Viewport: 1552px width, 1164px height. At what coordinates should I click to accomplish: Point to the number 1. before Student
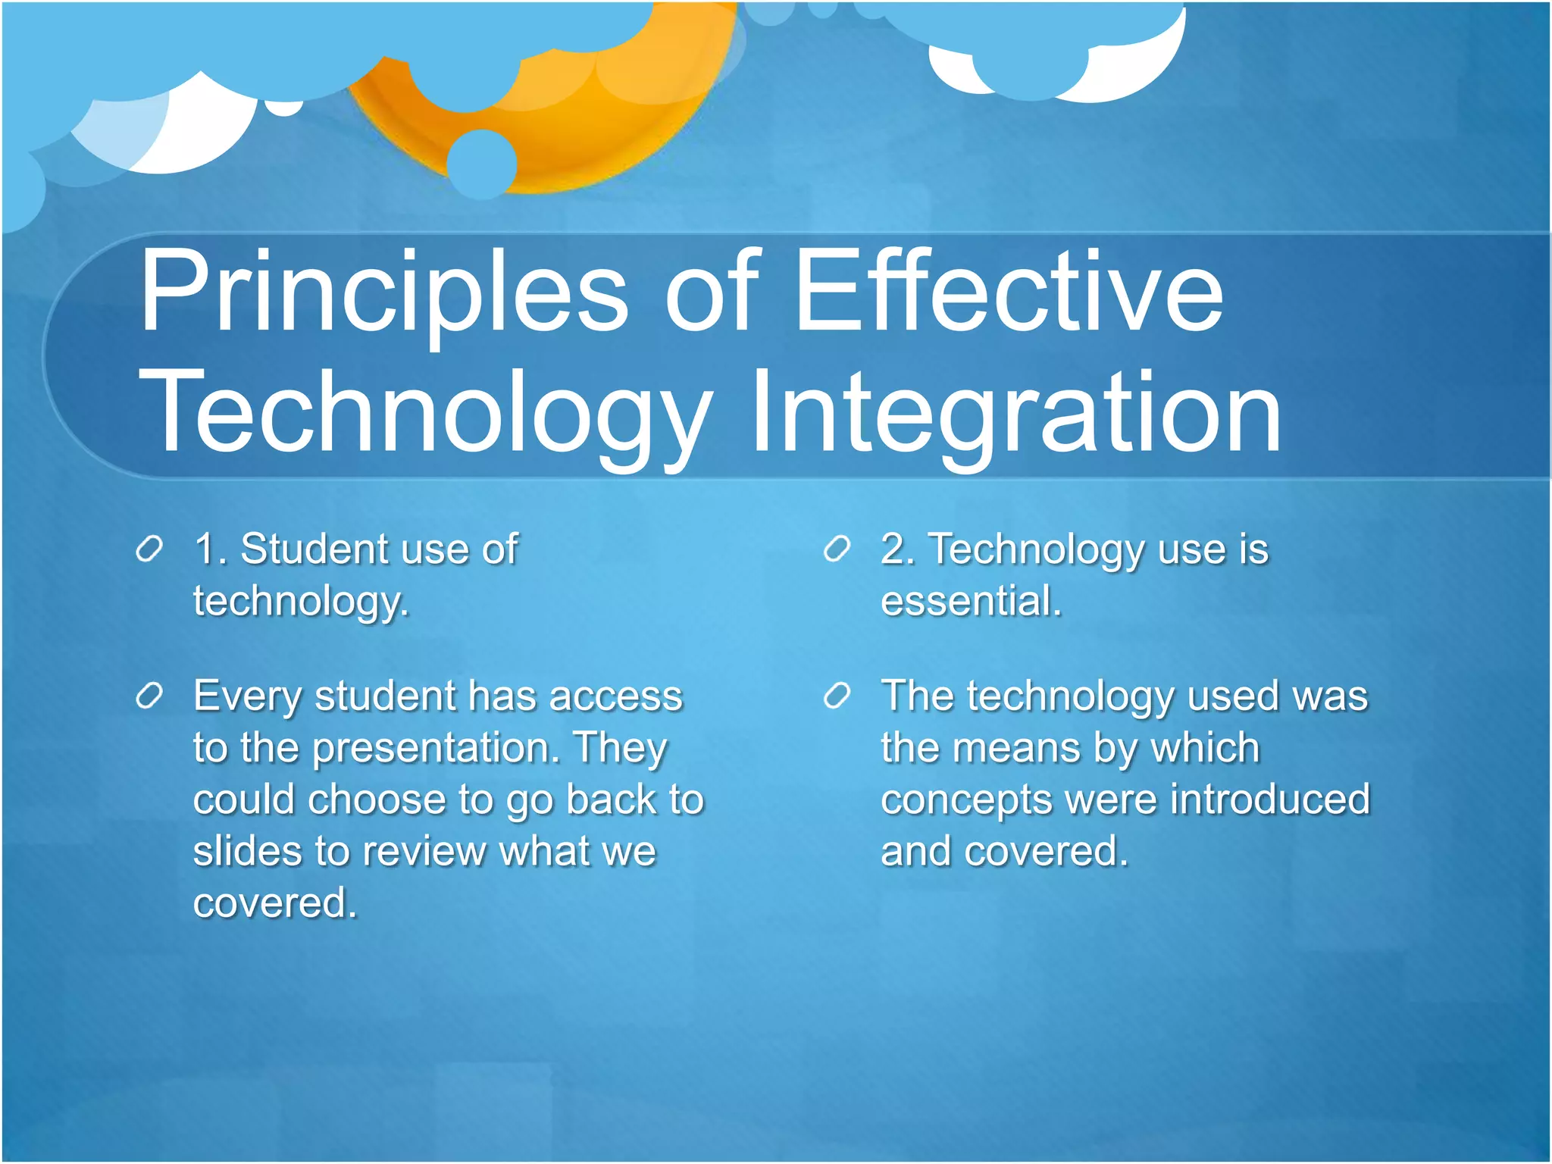[x=210, y=549]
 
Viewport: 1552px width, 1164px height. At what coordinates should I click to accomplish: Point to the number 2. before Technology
[x=897, y=549]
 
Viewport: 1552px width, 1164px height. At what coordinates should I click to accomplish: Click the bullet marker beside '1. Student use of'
[x=149, y=549]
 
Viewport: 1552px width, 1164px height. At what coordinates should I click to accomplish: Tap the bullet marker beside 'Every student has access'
[x=149, y=696]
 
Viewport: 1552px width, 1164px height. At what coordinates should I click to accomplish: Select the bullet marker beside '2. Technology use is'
[x=837, y=549]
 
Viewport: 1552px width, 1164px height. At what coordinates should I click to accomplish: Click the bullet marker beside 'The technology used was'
[x=837, y=696]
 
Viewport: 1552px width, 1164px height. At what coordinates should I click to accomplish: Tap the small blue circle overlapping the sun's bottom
[x=482, y=164]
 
